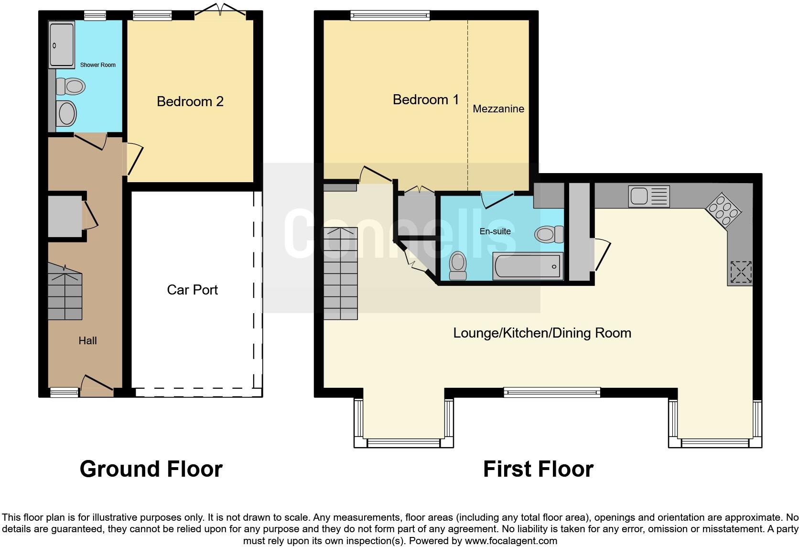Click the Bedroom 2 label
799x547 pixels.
coord(190,102)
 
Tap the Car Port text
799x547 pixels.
coord(192,290)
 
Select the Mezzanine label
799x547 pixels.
coord(498,109)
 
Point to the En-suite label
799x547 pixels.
coord(495,231)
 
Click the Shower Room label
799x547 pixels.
coord(98,65)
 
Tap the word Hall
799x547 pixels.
coord(88,341)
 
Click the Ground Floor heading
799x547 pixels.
coord(151,469)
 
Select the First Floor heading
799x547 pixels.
coord(538,469)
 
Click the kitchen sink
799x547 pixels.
coord(649,196)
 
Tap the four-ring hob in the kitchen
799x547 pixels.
coord(723,210)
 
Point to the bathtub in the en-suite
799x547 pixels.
coord(528,266)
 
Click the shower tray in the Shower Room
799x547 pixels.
coord(61,44)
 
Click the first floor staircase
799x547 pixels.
coord(341,273)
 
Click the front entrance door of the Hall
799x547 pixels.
coord(97,383)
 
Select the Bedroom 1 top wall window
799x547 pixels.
coord(390,15)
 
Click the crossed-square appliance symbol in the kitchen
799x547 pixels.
coord(741,272)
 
